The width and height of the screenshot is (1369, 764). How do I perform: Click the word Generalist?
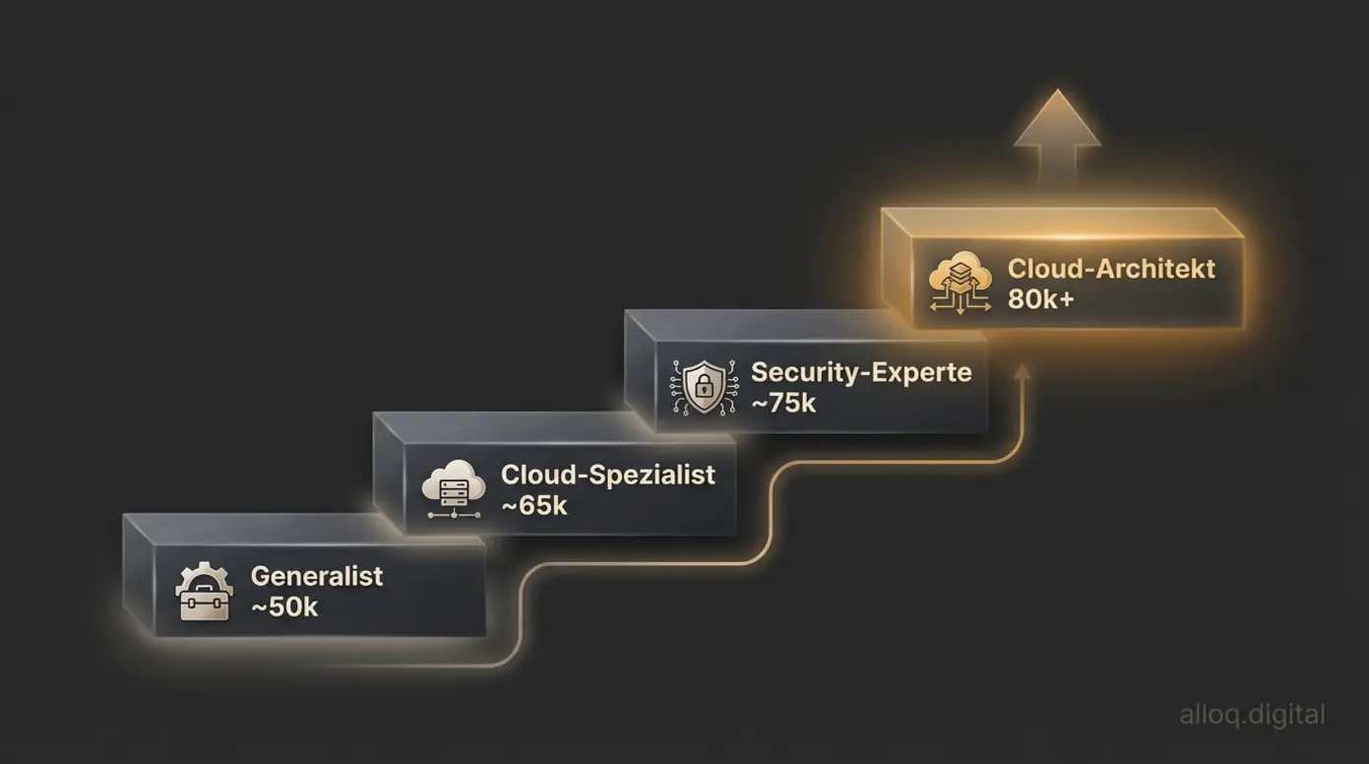point(316,576)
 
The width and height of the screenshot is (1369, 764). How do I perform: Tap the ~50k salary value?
point(284,607)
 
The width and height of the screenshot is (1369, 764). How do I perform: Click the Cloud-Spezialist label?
point(607,475)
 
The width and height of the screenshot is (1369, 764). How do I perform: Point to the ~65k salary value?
point(534,506)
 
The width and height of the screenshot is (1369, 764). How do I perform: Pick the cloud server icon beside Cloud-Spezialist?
point(454,488)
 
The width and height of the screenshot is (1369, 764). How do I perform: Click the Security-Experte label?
point(861,372)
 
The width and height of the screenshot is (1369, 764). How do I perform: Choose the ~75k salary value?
point(783,403)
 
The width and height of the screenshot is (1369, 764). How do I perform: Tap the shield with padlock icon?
point(704,387)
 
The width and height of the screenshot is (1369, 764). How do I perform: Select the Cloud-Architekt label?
point(1111,269)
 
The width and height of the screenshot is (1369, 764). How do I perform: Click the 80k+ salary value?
point(1040,299)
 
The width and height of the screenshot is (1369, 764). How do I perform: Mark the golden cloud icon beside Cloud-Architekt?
point(960,284)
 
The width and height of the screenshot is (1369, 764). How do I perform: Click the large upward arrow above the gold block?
point(1057,133)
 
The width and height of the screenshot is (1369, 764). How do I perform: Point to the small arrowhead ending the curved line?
point(1023,371)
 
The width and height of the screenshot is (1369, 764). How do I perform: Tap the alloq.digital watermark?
point(1252,715)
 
